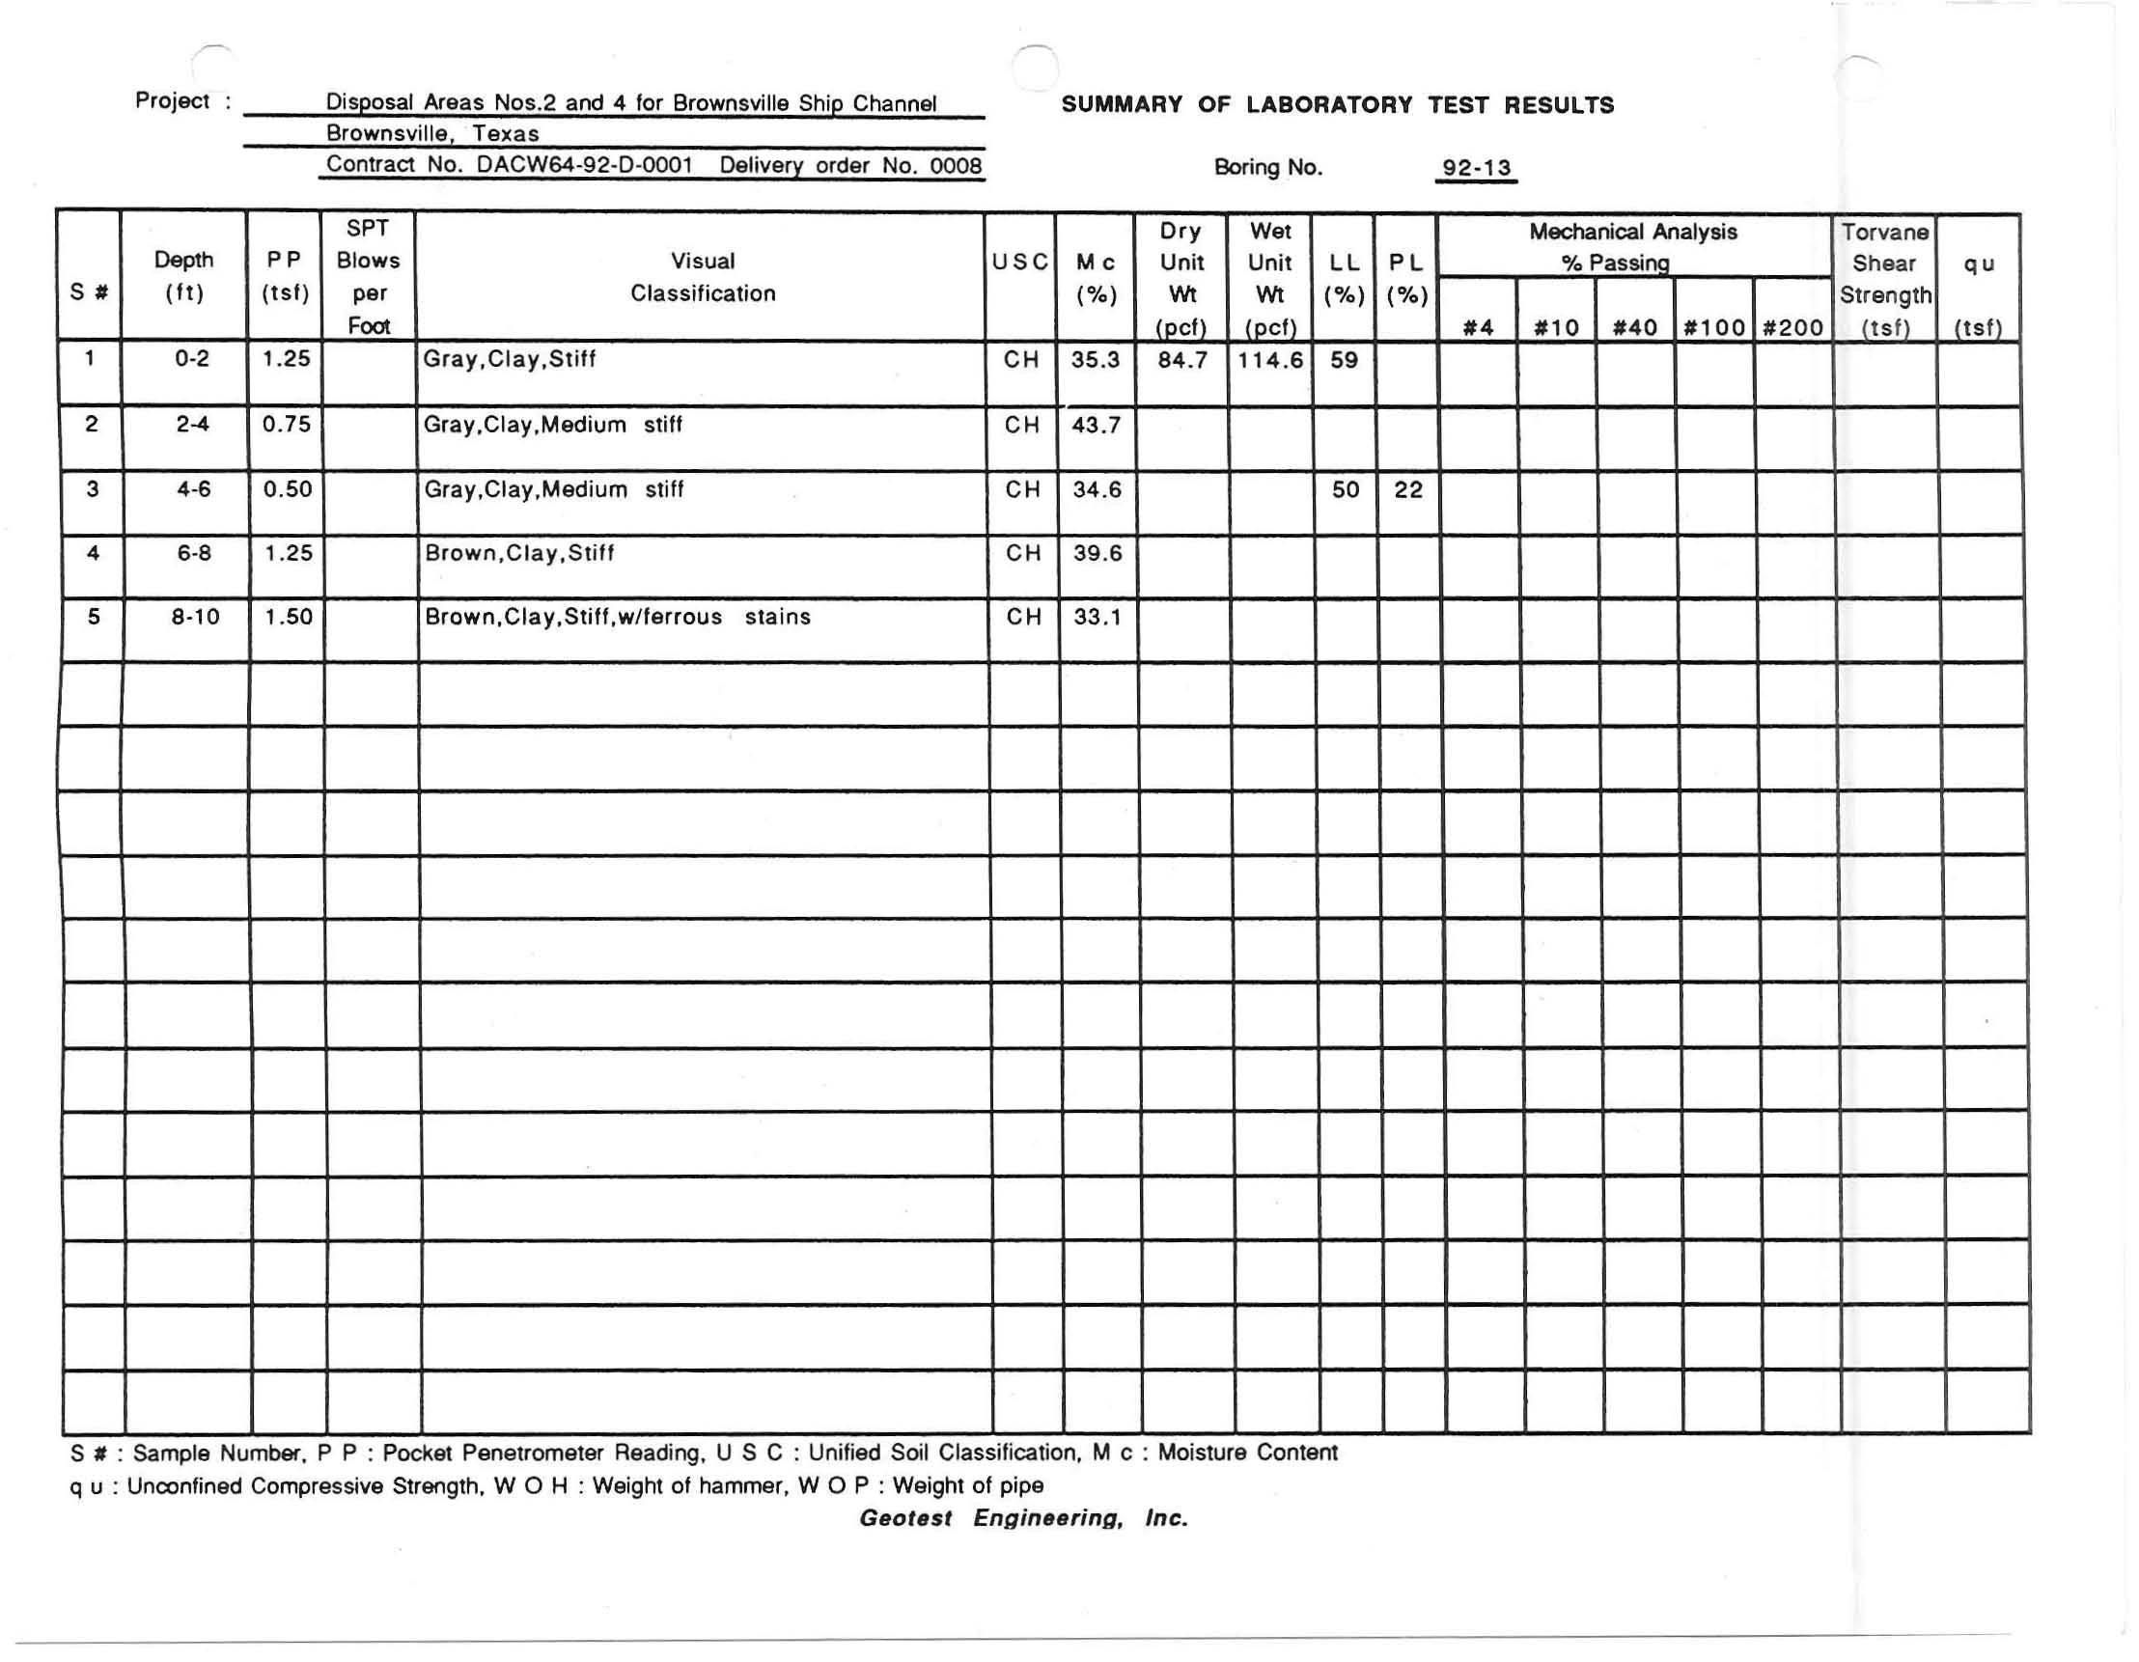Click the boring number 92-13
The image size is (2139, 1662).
coord(1476,168)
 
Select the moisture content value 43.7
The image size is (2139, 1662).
coord(1095,425)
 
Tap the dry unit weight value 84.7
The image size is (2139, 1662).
coord(1181,359)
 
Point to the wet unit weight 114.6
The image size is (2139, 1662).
coord(1269,359)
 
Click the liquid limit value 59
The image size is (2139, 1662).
coord(1344,359)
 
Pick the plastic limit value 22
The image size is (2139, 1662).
coord(1407,489)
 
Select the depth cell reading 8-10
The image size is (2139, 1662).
coord(194,617)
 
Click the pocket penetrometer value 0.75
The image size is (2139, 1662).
coord(286,424)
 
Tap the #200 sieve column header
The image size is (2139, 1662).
coord(1792,327)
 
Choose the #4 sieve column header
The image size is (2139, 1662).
coord(1477,327)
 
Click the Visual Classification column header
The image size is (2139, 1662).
coord(703,276)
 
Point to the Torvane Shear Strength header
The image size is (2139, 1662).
coord(1884,279)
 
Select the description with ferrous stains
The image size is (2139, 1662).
coord(617,617)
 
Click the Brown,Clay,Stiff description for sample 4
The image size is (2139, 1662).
coord(519,553)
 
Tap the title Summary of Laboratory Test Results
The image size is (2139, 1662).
coord(1337,105)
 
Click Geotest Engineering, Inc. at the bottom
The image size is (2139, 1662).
coord(1023,1518)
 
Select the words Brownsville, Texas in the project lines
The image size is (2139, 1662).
coord(431,133)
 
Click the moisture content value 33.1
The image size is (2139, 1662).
coord(1097,617)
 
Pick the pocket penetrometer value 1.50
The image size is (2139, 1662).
coord(288,617)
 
